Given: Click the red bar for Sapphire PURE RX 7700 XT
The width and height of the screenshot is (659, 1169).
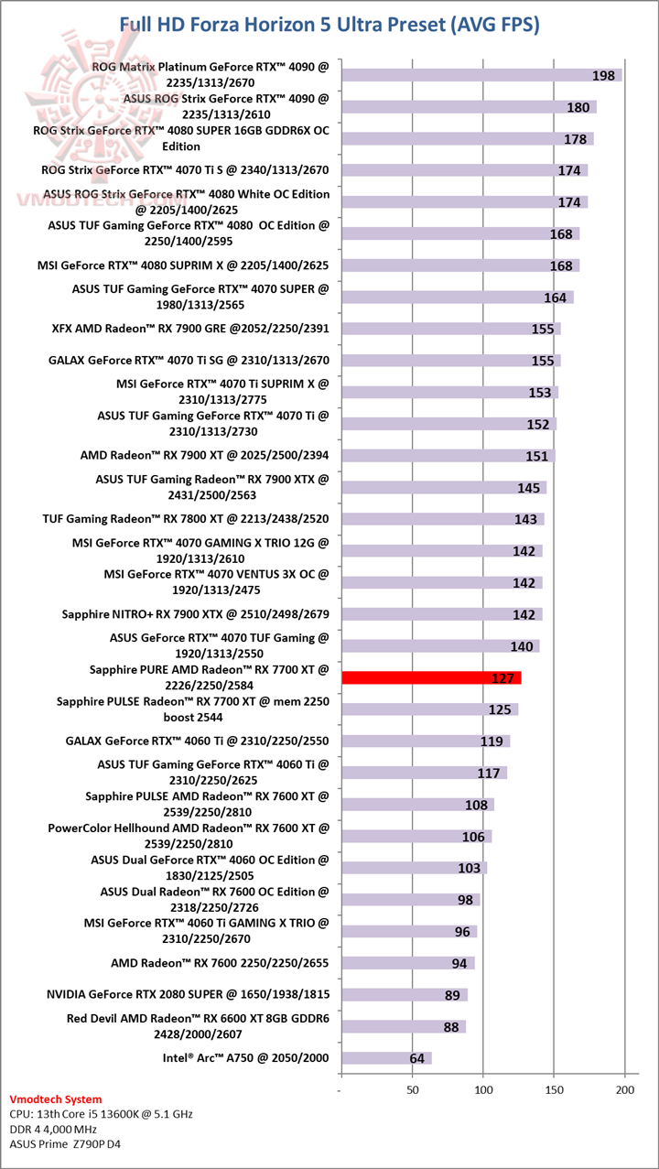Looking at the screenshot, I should click(430, 677).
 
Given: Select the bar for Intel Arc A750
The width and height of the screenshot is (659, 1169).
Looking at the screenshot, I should click(385, 1058).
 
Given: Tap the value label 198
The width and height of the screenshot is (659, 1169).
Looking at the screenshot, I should click(603, 75).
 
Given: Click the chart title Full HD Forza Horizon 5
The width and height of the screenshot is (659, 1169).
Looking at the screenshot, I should click(329, 25).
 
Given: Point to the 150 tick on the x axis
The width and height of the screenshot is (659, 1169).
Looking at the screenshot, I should click(554, 1090).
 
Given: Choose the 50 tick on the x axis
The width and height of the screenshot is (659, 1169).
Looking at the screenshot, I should click(413, 1090).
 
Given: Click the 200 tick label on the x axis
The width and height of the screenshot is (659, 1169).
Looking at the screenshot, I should click(625, 1090).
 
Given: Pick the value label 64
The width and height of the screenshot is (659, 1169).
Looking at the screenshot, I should click(417, 1058).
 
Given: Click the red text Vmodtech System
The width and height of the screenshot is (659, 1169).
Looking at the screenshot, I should click(55, 1099).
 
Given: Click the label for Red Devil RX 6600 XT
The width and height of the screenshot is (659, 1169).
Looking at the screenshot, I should click(198, 1025).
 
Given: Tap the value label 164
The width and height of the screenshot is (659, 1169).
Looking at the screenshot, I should click(555, 298).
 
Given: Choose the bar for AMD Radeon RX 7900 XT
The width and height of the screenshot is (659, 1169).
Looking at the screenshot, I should click(448, 456).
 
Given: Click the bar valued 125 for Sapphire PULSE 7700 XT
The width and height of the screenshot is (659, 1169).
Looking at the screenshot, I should click(428, 709).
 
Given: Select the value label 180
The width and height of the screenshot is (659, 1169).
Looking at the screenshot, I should click(578, 107).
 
